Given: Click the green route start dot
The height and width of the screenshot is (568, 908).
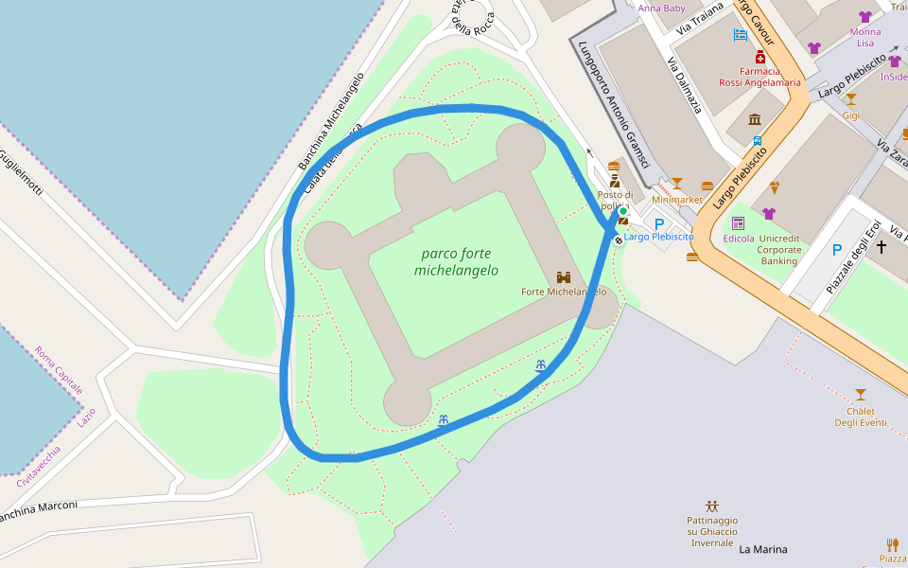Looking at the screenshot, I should pyautogui.click(x=622, y=211).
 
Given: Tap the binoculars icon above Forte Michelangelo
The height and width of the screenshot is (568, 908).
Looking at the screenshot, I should pyautogui.click(x=564, y=277).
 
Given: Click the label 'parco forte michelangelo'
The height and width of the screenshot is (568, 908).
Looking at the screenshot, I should pyautogui.click(x=456, y=262).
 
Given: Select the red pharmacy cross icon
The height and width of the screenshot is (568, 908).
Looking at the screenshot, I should pyautogui.click(x=760, y=57).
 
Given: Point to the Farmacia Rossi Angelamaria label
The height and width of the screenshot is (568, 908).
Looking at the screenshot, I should pyautogui.click(x=760, y=77).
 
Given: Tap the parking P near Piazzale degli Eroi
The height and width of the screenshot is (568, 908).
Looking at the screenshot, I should pyautogui.click(x=836, y=250).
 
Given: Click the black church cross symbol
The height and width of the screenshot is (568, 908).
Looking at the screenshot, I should pyautogui.click(x=882, y=246).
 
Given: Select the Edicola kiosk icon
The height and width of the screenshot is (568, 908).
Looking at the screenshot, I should pyautogui.click(x=738, y=223).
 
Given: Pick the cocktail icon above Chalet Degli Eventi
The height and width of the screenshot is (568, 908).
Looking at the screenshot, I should pyautogui.click(x=860, y=394).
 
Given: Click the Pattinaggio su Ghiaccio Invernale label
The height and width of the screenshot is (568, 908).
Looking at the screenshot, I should pyautogui.click(x=711, y=531).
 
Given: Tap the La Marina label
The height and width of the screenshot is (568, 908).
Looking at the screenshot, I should pyautogui.click(x=762, y=549).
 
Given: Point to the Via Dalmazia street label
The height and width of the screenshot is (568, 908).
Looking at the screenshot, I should pyautogui.click(x=684, y=85).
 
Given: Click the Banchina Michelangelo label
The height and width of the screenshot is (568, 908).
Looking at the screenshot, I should pyautogui.click(x=331, y=120).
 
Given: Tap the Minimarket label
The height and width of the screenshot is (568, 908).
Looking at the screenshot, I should pyautogui.click(x=677, y=200).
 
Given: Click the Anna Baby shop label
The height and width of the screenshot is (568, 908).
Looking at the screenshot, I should pyautogui.click(x=661, y=9).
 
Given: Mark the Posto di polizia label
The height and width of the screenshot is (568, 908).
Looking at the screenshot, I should pyautogui.click(x=614, y=201).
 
